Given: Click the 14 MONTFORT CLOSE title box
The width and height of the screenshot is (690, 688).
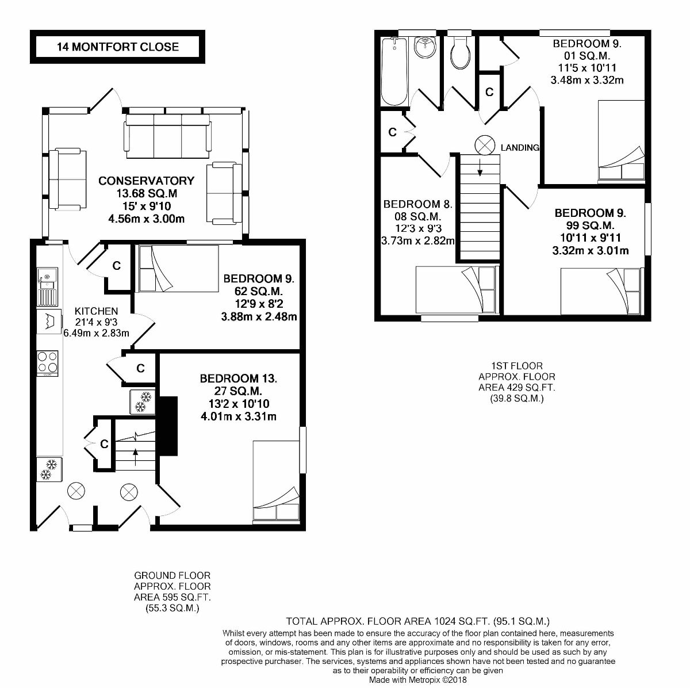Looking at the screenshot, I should (x=117, y=47).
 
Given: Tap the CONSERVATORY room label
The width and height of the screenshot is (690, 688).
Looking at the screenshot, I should (x=146, y=181).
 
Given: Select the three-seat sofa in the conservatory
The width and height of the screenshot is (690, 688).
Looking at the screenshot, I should (x=167, y=136).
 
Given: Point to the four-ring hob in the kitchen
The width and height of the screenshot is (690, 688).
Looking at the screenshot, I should (x=48, y=362).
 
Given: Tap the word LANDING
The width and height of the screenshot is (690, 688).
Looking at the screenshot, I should (x=520, y=147).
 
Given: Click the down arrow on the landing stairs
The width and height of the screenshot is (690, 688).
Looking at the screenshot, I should (x=479, y=166).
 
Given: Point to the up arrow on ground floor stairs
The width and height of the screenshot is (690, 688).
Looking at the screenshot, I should (x=136, y=457).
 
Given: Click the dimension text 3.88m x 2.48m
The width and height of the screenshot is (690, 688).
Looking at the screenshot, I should (x=259, y=316).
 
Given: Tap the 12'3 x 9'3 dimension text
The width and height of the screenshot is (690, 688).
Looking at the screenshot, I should (x=418, y=229).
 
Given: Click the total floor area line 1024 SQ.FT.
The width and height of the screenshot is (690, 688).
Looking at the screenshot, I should (x=418, y=621).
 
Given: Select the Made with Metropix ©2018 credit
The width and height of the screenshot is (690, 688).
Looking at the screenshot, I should (x=418, y=679).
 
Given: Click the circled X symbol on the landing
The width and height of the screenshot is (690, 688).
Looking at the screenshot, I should (x=484, y=145).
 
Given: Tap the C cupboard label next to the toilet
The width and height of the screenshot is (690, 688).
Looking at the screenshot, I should (x=489, y=92).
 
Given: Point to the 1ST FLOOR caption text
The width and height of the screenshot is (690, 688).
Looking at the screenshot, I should (x=517, y=365).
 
